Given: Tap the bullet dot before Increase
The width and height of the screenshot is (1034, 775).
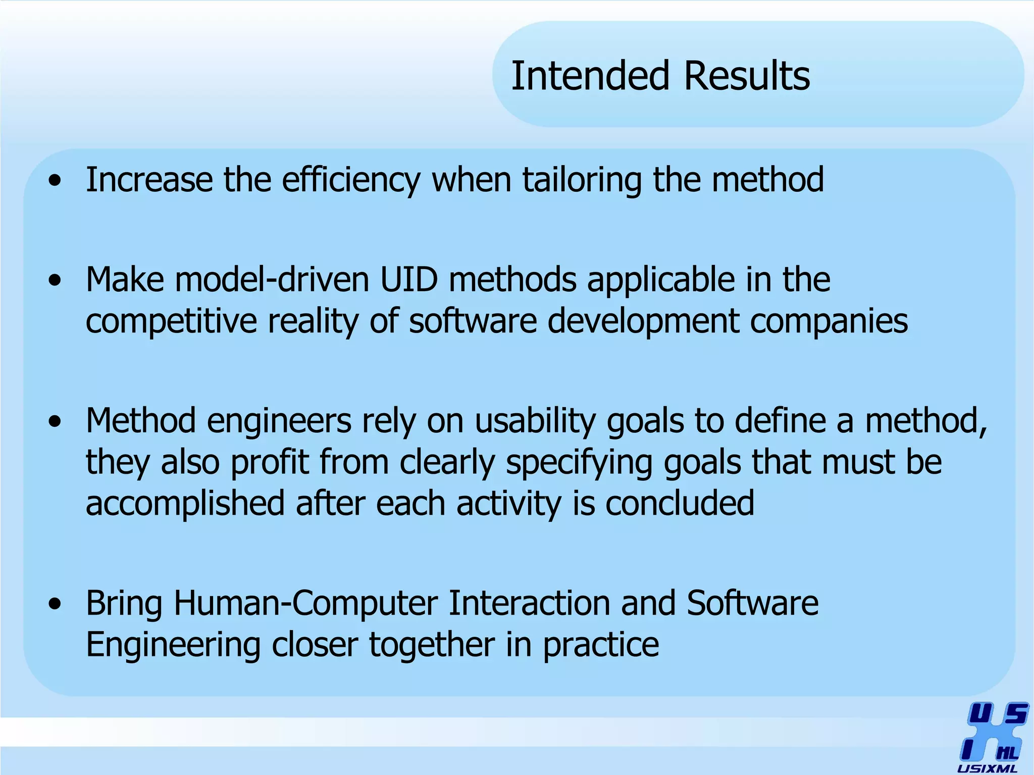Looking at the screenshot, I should pyautogui.click(x=55, y=180).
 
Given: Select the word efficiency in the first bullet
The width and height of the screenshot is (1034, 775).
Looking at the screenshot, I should pyautogui.click(x=351, y=180).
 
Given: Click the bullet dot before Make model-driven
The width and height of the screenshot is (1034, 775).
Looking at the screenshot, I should pyautogui.click(x=55, y=280).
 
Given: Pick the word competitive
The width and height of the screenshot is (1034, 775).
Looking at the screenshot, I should pyautogui.click(x=172, y=321).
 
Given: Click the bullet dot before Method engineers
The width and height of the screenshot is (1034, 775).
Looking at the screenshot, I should pyautogui.click(x=55, y=421).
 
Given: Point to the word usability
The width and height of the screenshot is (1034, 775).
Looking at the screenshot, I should pyautogui.click(x=535, y=421).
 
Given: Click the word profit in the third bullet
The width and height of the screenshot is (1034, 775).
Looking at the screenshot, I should pyautogui.click(x=270, y=462).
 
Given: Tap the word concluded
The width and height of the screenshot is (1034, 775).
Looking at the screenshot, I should pyautogui.click(x=680, y=503).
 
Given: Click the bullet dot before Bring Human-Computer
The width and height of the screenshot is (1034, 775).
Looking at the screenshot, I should pyautogui.click(x=55, y=603).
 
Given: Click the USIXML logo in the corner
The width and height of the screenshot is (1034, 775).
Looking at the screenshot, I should pyautogui.click(x=993, y=737).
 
